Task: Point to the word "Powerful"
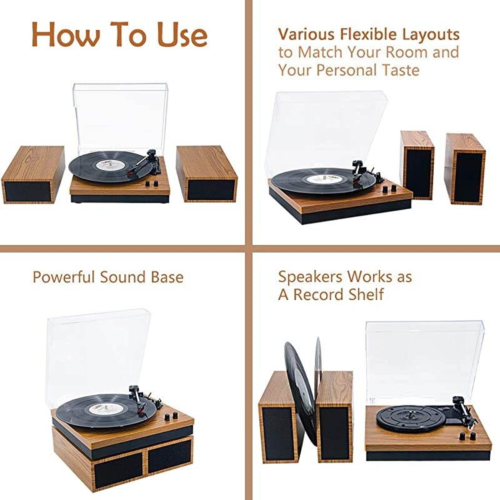(64, 276)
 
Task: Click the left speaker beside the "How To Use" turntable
(32, 174)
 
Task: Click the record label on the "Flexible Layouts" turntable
(324, 179)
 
